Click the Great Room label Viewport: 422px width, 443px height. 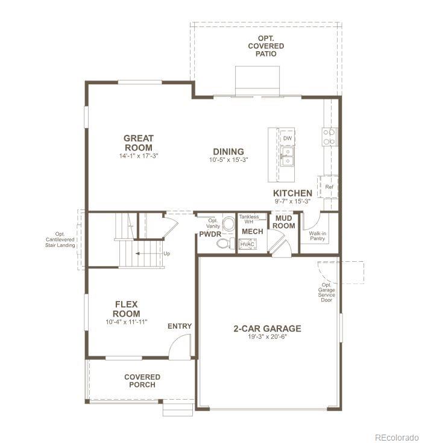pos(139,143)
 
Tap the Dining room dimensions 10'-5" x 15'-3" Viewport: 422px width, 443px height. pos(228,160)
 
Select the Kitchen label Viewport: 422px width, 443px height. pos(292,193)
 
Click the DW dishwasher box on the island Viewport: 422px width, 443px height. pos(288,138)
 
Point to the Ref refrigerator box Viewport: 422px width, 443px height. pos(329,187)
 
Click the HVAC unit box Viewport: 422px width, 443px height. pos(247,244)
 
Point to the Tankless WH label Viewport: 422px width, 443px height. pos(249,219)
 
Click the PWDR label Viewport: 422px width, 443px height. pos(211,234)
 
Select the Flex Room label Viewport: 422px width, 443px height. pos(127,309)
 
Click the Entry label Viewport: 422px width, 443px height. pos(180,326)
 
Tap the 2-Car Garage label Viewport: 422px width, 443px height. pos(267,329)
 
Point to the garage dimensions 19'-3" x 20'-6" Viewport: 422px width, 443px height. pos(267,337)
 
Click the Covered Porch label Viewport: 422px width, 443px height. pos(142,381)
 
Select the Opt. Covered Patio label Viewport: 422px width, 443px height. pos(266,46)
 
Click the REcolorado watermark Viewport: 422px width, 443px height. pos(395,437)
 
